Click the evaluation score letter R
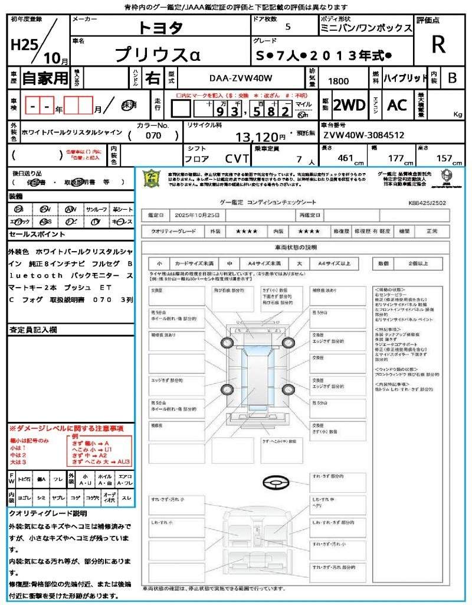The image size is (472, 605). coord(438,44)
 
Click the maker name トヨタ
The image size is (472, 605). coord(160,28)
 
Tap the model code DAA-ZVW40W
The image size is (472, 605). coord(241,78)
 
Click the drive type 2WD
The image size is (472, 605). coord(349,105)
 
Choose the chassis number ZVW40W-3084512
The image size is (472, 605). coord(363,135)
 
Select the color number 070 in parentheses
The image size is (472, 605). coord(153,136)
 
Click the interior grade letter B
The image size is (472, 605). coord(451,77)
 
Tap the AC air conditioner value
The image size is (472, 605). coord(397,105)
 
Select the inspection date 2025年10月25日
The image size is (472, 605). coord(199,215)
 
